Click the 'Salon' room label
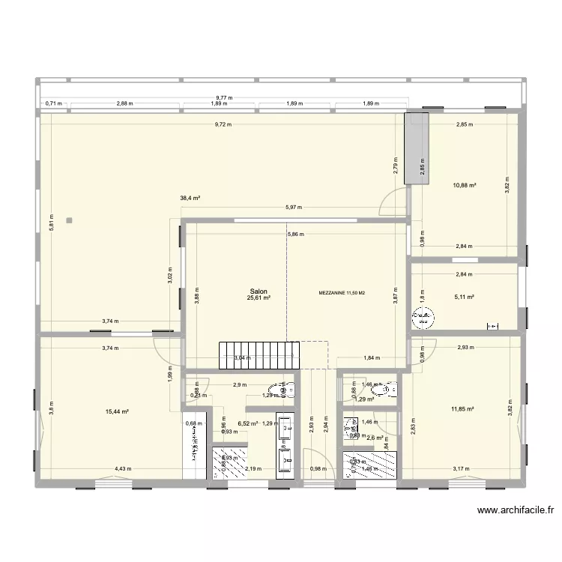[259, 292]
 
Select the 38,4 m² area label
[190, 199]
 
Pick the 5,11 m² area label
[465, 296]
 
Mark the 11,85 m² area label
[464, 408]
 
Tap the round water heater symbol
[423, 320]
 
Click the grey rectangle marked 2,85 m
[416, 147]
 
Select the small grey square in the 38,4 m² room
[69, 220]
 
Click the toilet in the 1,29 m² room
[387, 389]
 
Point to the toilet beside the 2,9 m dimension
[285, 389]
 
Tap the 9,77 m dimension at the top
[224, 97]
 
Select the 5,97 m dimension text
[293, 208]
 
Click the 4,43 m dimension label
[124, 469]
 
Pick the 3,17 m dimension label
[462, 469]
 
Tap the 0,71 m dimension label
[52, 104]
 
